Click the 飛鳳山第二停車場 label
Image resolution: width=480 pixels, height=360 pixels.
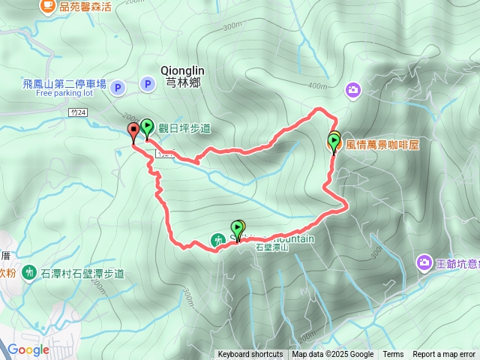tap(64, 83)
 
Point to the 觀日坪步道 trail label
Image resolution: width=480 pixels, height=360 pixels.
tap(184, 128)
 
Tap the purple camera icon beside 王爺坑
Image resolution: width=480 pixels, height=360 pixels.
tap(424, 262)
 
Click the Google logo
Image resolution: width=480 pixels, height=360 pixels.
tap(28, 349)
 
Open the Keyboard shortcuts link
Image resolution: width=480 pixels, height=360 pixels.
tap(250, 355)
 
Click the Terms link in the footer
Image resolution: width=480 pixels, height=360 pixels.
tap(393, 355)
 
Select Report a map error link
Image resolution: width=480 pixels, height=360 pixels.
tap(444, 355)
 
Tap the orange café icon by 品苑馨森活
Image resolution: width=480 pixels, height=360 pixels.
tap(47, 7)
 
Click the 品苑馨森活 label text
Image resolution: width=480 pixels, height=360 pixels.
tap(85, 7)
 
